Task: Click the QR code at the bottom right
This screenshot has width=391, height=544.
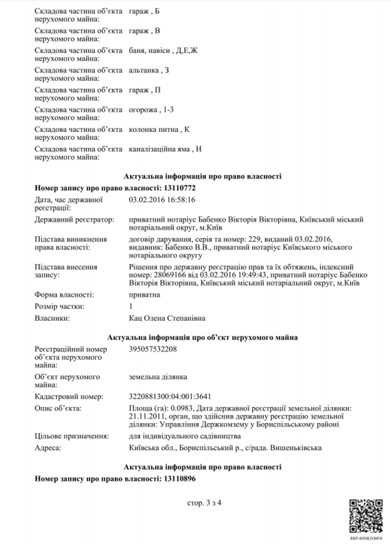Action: click(365, 513)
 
